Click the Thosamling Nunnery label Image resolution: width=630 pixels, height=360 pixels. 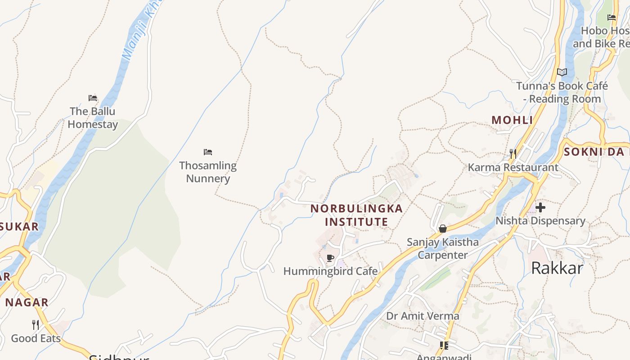pos(208,172)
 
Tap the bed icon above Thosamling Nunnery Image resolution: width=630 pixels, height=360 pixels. pos(207,152)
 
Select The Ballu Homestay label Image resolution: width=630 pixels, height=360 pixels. pos(93,118)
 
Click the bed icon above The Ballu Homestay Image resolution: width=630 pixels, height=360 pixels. pos(93,98)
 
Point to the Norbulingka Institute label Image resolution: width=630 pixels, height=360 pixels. pos(356,215)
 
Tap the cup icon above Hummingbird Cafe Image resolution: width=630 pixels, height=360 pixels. pos(330,258)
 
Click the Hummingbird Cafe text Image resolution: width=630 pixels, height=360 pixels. pos(330,271)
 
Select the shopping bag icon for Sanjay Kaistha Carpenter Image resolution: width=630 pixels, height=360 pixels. pos(443,229)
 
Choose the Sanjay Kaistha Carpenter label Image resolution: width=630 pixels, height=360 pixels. pos(443,248)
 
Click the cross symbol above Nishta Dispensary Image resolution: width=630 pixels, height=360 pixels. pos(540,207)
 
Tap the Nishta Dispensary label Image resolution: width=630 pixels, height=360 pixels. pos(540,221)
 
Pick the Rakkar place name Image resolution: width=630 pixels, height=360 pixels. pos(557,268)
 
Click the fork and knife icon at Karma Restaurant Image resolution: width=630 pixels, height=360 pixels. pos(513,154)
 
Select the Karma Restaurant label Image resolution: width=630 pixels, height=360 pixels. pos(513,167)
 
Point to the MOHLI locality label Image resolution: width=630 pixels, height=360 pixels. pos(512,120)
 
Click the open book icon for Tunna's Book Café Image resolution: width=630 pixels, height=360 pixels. pos(562,72)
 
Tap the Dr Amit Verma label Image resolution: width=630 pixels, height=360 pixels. pos(423,316)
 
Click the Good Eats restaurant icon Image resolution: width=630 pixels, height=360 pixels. pos(36,324)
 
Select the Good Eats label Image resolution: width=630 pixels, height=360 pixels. pos(36,338)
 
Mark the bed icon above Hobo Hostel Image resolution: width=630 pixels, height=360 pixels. pos(612,18)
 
